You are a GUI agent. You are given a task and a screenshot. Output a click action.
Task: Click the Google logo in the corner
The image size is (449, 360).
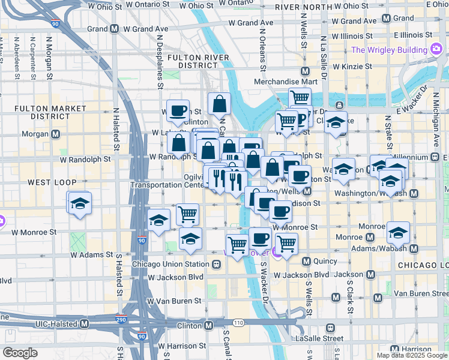pyautogui.click(x=20, y=353)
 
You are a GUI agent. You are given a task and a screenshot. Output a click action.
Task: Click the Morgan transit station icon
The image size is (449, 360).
pyautogui.click(x=56, y=133)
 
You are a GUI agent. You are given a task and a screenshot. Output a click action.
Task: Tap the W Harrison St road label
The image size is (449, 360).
pyautogui.click(x=179, y=346)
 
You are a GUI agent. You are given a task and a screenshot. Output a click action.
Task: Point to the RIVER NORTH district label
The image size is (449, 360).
pyautogui.click(x=303, y=7)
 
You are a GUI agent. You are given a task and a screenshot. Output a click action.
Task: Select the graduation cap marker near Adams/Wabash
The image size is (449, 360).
pyautogui.click(x=399, y=232)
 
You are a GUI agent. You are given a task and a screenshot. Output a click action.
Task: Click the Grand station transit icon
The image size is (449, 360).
pyautogui.click(x=113, y=28)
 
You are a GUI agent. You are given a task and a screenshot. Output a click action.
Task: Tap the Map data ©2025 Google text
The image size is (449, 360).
pyautogui.click(x=411, y=355)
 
